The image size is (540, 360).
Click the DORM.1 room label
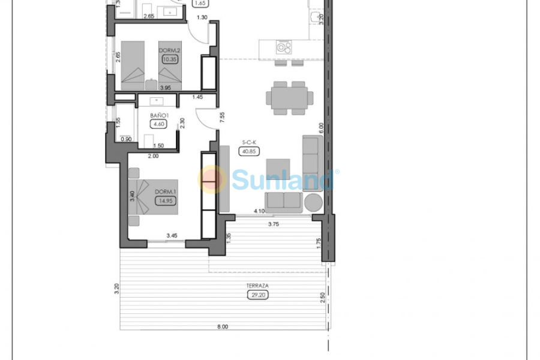coord(164,192)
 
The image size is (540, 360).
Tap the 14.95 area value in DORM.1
coord(164,202)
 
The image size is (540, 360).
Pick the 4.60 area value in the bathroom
coord(159,125)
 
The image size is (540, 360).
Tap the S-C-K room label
coord(249,142)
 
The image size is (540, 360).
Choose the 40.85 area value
coord(249,151)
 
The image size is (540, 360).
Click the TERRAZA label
coord(256,286)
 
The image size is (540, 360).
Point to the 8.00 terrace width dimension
coord(223,326)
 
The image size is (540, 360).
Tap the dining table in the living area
coord(289,97)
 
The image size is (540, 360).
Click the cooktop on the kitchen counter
coord(283,47)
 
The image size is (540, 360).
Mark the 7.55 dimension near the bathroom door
coord(222,118)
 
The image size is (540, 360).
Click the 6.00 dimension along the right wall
coord(321,127)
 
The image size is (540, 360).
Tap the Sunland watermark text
coord(282,179)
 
